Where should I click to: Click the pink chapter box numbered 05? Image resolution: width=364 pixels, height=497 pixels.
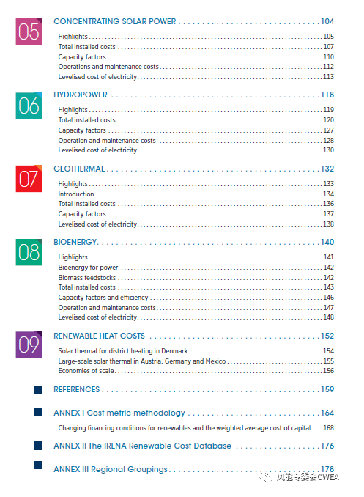(29, 32)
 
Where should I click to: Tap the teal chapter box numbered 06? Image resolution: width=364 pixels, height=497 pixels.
(29, 106)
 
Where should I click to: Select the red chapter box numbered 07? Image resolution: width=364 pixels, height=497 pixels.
(29, 179)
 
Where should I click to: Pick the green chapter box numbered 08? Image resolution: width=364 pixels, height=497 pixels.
(29, 252)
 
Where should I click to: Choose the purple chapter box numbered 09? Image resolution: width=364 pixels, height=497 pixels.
(29, 345)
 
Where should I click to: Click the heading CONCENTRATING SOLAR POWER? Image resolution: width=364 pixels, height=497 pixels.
(115, 21)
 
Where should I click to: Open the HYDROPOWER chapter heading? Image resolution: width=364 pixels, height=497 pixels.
(81, 95)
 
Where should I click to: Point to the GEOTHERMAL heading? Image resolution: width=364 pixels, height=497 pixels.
(79, 169)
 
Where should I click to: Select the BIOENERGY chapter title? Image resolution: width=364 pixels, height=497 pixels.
(75, 242)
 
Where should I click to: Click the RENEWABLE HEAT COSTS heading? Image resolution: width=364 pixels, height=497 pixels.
(99, 336)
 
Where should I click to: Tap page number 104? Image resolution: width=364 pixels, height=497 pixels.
(327, 21)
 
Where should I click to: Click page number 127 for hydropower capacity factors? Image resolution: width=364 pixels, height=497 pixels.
(329, 130)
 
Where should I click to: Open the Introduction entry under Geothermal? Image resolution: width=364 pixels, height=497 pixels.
(76, 194)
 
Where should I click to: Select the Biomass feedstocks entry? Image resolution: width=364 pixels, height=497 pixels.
(87, 278)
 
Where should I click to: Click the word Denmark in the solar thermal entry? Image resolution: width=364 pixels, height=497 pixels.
(174, 351)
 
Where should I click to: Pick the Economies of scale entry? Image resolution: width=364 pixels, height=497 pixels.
(86, 370)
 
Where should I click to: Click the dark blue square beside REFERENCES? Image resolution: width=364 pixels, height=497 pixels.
(38, 389)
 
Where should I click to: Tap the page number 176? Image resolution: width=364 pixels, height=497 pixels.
(327, 446)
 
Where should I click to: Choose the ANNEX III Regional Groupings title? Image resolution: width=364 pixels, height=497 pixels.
(111, 469)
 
